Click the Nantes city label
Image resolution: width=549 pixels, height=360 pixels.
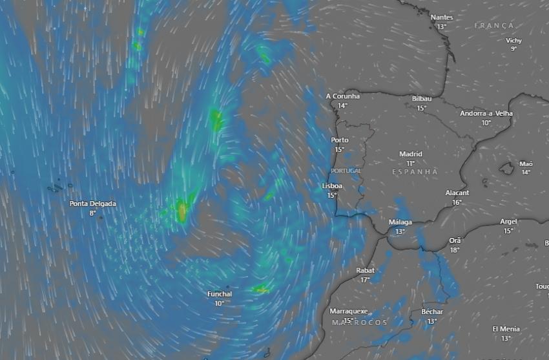pyautogui.click(x=442, y=17)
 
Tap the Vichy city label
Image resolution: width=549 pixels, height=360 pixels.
pyautogui.click(x=513, y=40)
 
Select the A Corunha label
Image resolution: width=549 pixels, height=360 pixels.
pyautogui.click(x=343, y=96)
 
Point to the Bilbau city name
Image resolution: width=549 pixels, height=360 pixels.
pyautogui.click(x=422, y=98)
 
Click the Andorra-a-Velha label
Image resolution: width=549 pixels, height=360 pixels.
pyautogui.click(x=486, y=113)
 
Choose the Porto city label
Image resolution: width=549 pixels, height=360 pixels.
pyautogui.click(x=340, y=140)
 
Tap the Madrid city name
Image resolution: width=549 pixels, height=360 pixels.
pyautogui.click(x=411, y=154)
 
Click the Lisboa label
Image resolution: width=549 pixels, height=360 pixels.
pyautogui.click(x=332, y=185)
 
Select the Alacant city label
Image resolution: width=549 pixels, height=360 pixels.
pyautogui.click(x=457, y=193)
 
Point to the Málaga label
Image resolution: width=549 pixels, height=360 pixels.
pyautogui.click(x=400, y=222)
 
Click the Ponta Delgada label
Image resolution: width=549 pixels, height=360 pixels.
pyautogui.click(x=93, y=204)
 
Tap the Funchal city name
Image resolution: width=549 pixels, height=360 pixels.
pyautogui.click(x=220, y=294)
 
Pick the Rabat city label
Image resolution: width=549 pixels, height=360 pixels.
pyautogui.click(x=366, y=270)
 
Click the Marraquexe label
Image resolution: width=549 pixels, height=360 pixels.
pyautogui.click(x=349, y=311)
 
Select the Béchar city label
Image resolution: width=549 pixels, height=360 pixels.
pyautogui.click(x=432, y=312)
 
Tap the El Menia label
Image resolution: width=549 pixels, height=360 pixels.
pyautogui.click(x=506, y=328)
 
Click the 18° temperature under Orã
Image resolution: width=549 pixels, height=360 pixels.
pyautogui.click(x=455, y=249)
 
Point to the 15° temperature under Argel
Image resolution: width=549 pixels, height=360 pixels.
pyautogui.click(x=508, y=231)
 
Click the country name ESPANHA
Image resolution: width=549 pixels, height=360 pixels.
pyautogui.click(x=415, y=172)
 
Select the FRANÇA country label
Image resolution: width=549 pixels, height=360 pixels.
pyautogui.click(x=493, y=25)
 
